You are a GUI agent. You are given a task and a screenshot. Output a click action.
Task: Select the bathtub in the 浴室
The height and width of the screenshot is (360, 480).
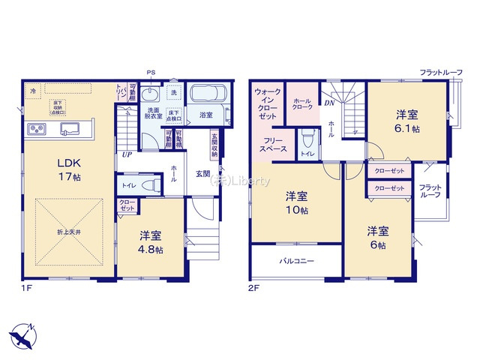point(206,95)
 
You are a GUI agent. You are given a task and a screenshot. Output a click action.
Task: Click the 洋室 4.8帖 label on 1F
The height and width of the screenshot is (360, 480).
point(150,242)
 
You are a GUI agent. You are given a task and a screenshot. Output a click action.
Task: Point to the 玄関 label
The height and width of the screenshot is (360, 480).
point(203,174)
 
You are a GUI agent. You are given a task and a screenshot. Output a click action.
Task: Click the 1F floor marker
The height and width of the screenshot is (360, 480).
point(25,286)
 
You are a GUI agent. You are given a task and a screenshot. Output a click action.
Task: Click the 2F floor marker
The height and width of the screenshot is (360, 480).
point(253,286)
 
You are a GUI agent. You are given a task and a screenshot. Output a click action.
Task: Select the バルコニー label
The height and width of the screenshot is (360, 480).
point(297,261)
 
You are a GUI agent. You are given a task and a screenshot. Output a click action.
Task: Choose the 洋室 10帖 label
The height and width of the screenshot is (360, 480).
point(297,202)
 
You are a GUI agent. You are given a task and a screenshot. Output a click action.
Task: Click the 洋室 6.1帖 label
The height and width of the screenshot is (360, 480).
point(408,121)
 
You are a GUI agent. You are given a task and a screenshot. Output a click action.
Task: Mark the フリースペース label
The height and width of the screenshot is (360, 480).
point(269,145)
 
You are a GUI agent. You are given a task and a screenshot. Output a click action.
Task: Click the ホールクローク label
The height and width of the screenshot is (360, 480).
point(302,104)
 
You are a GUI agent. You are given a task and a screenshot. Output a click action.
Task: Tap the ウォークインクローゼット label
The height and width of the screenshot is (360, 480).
point(268,105)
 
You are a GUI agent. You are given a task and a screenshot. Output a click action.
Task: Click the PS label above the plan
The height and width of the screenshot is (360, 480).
point(151,72)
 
